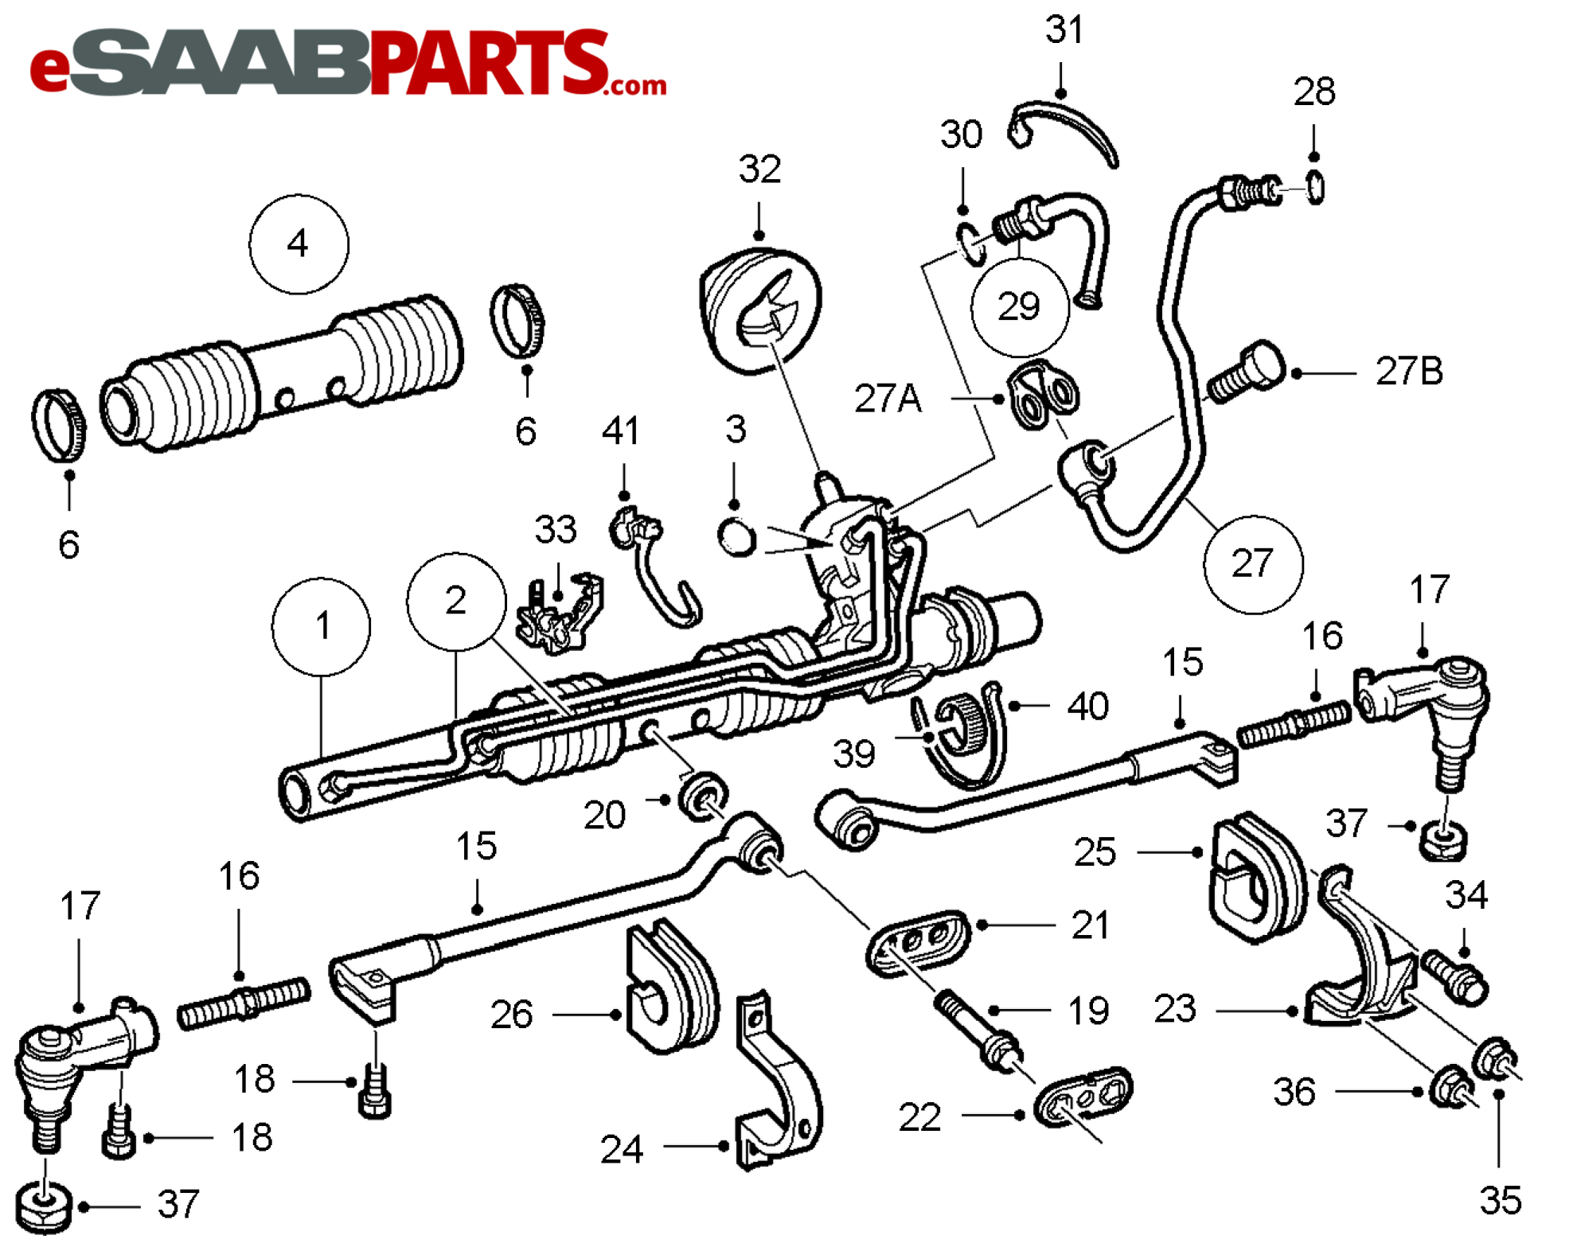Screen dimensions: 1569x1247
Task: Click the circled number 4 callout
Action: pyautogui.click(x=299, y=244)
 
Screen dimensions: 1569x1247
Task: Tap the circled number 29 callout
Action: pyautogui.click(x=1020, y=306)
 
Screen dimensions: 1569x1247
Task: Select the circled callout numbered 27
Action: pyautogui.click(x=1253, y=564)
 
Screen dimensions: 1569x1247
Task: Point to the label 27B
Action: pyautogui.click(x=1409, y=371)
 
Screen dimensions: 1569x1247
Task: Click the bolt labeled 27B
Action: pyautogui.click(x=1246, y=372)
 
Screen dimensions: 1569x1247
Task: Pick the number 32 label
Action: pyautogui.click(x=759, y=169)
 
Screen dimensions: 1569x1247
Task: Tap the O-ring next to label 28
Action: pyautogui.click(x=1315, y=189)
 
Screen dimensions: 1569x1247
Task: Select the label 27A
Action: pyautogui.click(x=888, y=398)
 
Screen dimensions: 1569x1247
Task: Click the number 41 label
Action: pyautogui.click(x=621, y=431)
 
